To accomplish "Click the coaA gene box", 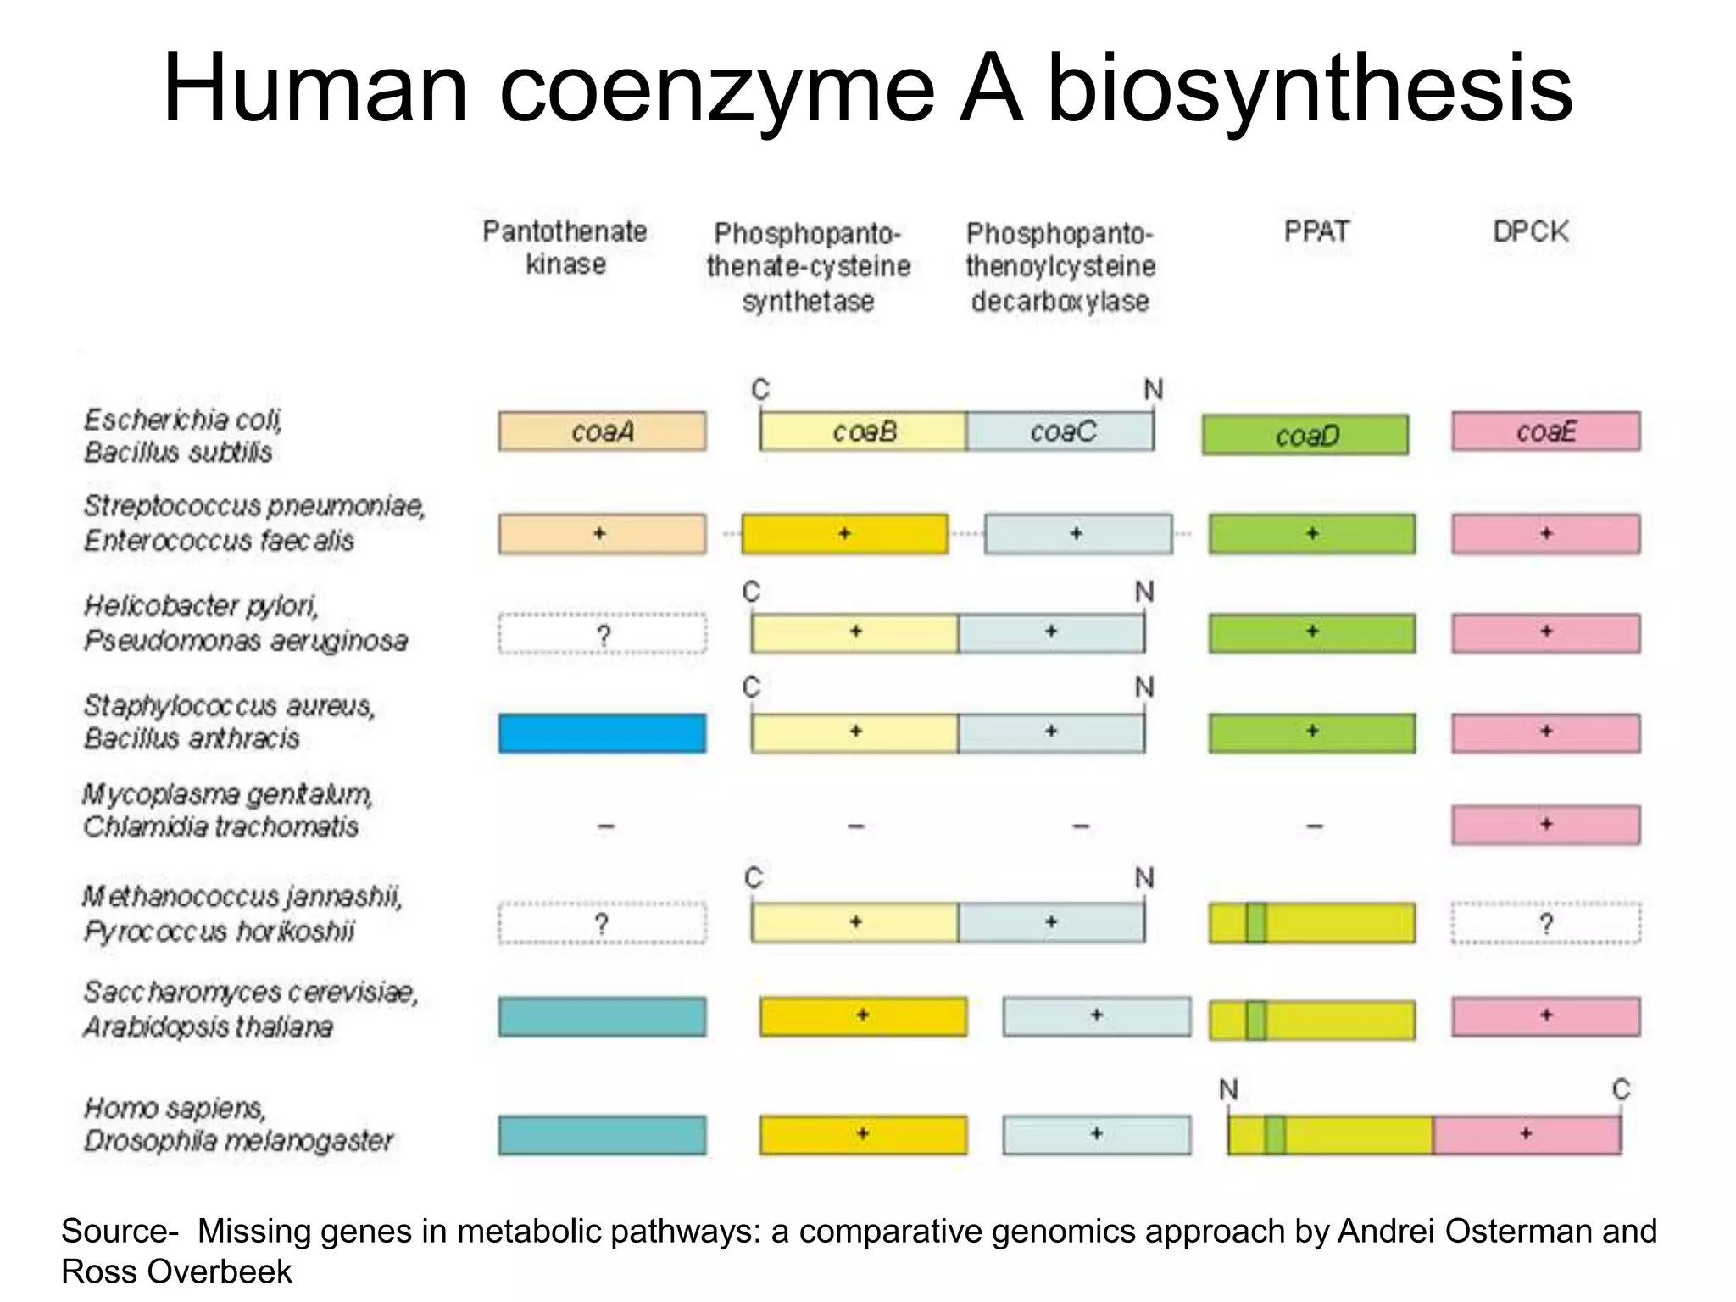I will click(x=602, y=431).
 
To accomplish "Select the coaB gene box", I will click(x=863, y=431).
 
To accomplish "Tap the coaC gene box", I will click(x=1060, y=431).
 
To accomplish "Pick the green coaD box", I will click(x=1305, y=435).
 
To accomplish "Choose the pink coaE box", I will click(x=1545, y=431).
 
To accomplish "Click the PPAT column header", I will click(x=1316, y=231).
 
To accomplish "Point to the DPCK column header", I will click(x=1530, y=231).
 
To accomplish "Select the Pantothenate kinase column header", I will click(x=565, y=247).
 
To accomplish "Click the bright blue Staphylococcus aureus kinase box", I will click(x=602, y=733).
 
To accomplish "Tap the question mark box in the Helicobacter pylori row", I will click(x=602, y=634).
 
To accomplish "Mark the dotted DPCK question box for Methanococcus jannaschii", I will click(x=1545, y=923).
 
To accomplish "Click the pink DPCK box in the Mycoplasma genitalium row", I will click(x=1545, y=825).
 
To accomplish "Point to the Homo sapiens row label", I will click(x=175, y=1108).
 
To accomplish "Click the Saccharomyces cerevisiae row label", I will click(x=251, y=992).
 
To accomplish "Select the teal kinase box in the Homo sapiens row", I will click(x=602, y=1135).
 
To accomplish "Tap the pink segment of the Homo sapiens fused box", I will click(x=1527, y=1135).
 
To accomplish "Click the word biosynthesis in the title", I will click(x=1310, y=88).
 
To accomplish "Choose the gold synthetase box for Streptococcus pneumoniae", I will click(x=844, y=534).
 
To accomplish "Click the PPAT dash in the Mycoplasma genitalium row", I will click(x=1315, y=826).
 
